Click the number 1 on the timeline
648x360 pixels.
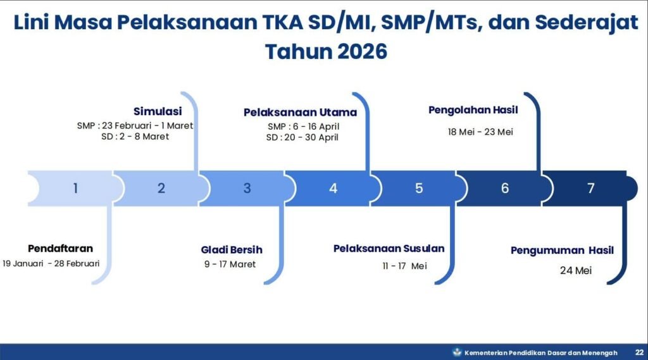[x=75, y=189]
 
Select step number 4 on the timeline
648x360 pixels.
[x=333, y=189]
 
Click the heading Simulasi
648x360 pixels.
[x=158, y=111]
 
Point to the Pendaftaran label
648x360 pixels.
[x=60, y=249]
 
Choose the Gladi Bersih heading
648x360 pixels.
[x=232, y=250]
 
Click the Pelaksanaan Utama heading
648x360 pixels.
[x=300, y=113]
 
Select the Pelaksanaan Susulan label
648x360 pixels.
[x=389, y=249]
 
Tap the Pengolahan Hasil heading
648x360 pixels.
[x=473, y=110]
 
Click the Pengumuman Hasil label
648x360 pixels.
[x=562, y=251]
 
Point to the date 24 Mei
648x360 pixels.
[x=576, y=270]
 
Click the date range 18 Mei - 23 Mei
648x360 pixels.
[x=480, y=132]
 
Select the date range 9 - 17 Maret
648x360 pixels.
[x=230, y=264]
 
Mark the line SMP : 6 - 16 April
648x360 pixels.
[x=303, y=127]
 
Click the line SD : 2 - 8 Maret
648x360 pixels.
[x=135, y=137]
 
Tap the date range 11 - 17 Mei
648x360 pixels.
[x=404, y=266]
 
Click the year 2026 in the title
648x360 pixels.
[x=363, y=52]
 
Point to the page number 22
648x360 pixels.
[x=639, y=352]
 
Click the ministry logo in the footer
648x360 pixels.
[x=457, y=352]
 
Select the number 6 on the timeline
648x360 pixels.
[x=504, y=189]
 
